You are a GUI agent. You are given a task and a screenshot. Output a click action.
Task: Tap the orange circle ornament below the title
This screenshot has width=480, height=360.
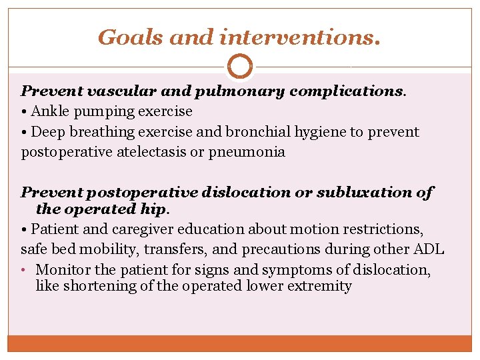[240, 67]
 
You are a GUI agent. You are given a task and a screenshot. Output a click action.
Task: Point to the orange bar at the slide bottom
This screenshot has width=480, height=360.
[240, 343]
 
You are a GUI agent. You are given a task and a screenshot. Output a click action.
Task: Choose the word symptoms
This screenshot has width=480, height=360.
[291, 270]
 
